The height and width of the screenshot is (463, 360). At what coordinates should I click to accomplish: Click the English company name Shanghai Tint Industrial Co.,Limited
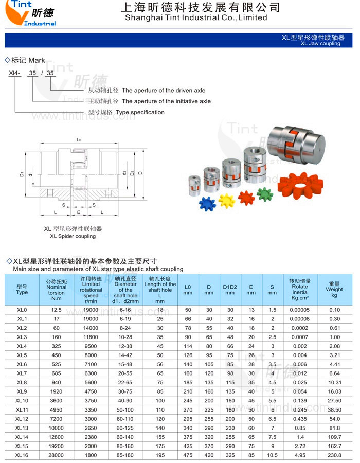(x=196, y=17)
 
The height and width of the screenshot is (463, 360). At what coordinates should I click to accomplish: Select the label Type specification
(x=140, y=112)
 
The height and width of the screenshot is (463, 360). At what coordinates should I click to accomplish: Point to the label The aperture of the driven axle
(x=163, y=91)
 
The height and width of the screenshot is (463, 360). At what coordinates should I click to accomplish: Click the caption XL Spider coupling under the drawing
(x=73, y=236)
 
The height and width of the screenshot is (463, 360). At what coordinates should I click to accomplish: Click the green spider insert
(x=264, y=194)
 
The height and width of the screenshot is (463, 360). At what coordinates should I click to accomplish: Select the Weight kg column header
(x=334, y=289)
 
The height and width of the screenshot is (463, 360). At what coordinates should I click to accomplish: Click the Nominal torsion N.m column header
(x=57, y=290)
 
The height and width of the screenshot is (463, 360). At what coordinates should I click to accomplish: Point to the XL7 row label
(x=22, y=373)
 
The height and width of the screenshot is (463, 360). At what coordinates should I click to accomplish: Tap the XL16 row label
(x=22, y=455)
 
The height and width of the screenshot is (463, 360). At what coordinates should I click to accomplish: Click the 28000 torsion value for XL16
(x=57, y=455)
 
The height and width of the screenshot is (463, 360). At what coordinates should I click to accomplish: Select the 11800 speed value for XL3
(x=91, y=337)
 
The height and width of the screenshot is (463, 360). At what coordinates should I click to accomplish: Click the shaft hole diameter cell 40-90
(x=125, y=400)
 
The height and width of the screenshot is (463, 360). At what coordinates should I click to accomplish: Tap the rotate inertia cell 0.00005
(x=299, y=310)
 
